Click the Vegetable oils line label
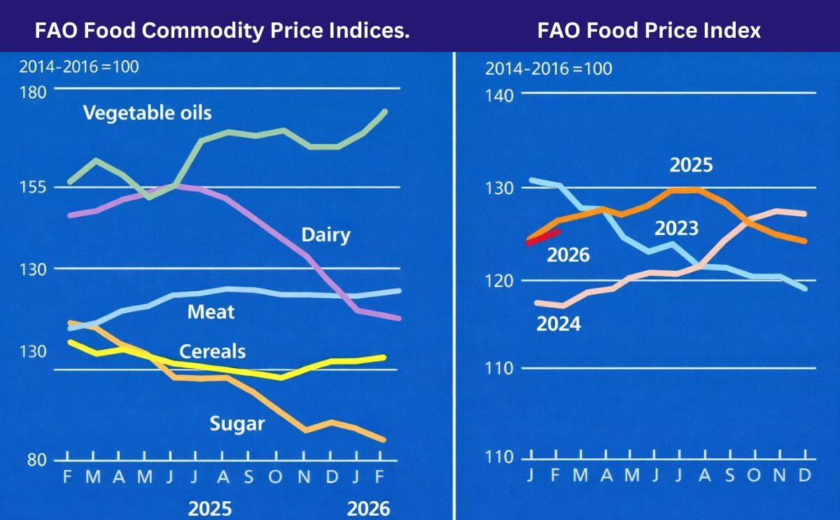tap(147, 112)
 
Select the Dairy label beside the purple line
tap(325, 234)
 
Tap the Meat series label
tap(211, 311)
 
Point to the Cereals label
tap(213, 351)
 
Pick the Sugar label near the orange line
tap(237, 423)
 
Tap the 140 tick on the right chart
tap(500, 95)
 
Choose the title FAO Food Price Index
tap(648, 30)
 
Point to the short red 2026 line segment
tap(542, 237)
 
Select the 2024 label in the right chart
tap(558, 324)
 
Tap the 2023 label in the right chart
tap(676, 228)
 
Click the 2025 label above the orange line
tap(691, 165)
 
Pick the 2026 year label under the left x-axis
tap(368, 508)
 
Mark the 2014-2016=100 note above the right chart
tap(548, 69)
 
